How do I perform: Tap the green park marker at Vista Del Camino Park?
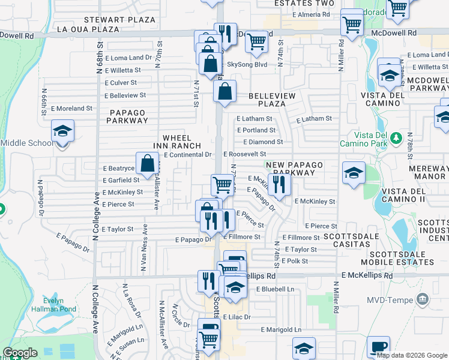point(396,139)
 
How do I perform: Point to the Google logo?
point(20,353)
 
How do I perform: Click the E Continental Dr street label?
point(188,155)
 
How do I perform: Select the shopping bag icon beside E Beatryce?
point(148,162)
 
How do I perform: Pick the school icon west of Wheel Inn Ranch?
point(62,131)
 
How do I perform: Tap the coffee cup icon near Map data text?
point(379,347)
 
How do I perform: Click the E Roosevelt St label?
point(244,155)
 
